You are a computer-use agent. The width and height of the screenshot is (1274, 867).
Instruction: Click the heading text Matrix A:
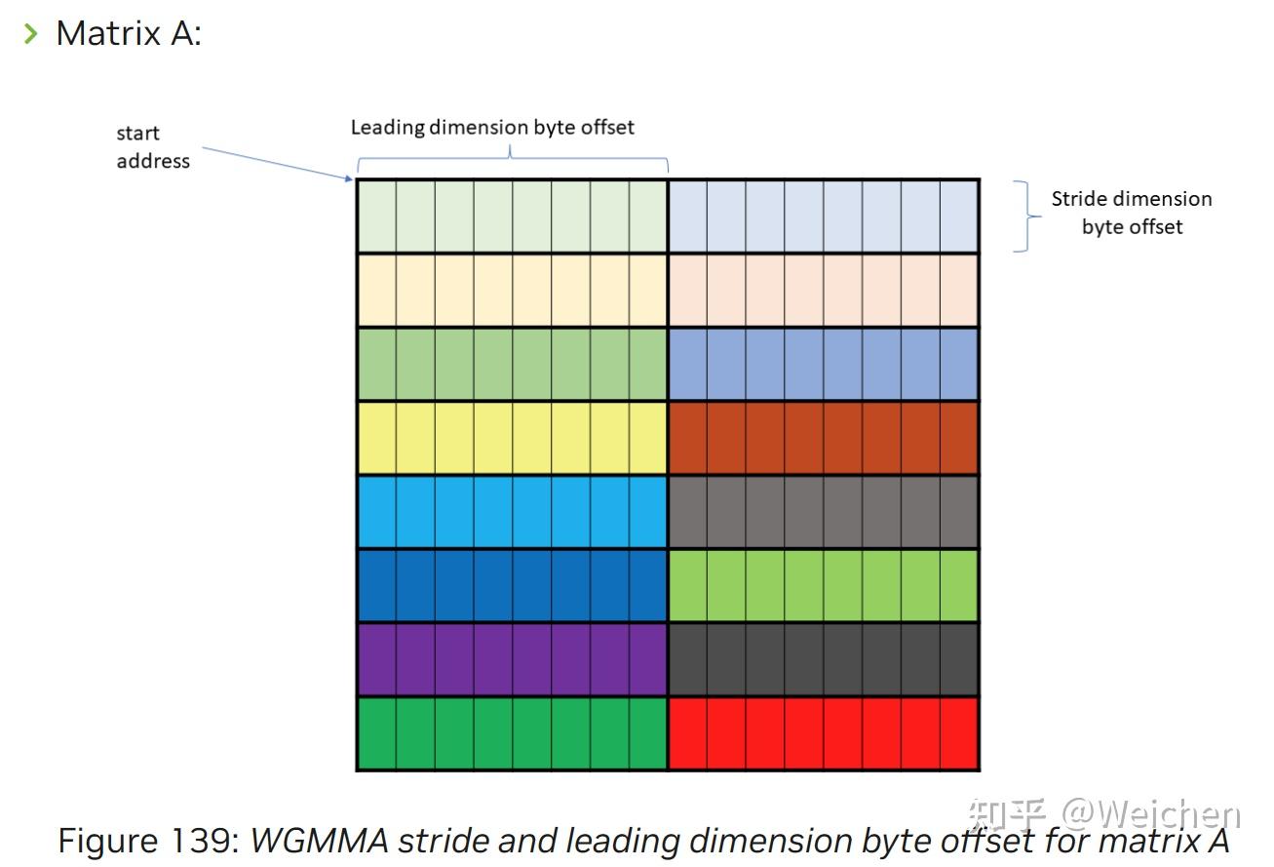129,33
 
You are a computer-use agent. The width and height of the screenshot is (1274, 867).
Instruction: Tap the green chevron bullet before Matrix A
31,34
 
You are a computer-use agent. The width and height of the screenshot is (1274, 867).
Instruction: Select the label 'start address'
153,147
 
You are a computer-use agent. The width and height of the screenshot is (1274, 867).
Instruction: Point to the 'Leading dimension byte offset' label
492,127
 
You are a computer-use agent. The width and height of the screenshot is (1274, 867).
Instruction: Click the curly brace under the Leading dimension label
512,157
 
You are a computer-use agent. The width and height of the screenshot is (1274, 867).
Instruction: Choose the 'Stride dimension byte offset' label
1131,213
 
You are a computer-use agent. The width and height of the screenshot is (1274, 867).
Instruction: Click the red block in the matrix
824,733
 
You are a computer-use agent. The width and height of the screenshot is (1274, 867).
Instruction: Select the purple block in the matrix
512,659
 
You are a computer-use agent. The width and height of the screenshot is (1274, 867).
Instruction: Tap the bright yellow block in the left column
512,438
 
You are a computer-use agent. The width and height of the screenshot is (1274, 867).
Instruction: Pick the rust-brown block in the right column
824,438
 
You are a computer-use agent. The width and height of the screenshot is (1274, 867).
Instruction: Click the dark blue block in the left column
512,585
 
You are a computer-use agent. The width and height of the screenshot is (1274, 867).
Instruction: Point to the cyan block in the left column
512,512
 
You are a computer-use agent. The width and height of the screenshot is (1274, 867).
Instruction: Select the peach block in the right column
824,290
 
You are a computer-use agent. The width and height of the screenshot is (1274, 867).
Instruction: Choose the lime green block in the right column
824,585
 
